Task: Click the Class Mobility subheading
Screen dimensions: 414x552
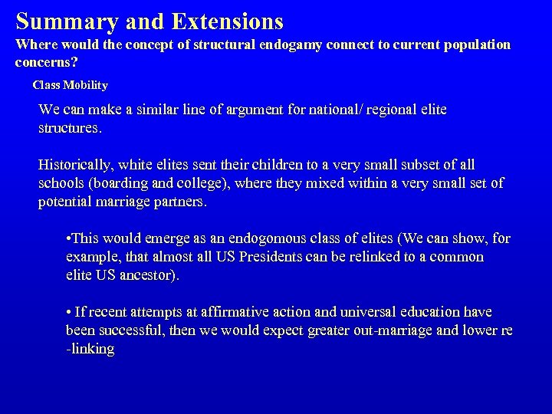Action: (x=70, y=85)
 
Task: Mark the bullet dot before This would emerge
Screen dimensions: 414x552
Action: (x=69, y=239)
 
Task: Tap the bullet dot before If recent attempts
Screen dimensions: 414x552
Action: (x=69, y=313)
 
